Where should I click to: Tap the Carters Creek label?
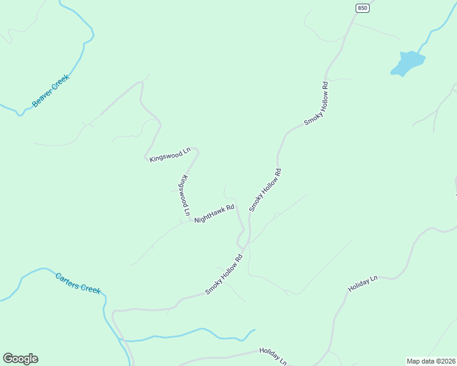coord(78,282)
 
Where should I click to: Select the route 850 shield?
coord(364,7)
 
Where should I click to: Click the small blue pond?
coord(406,63)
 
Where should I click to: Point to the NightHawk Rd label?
coord(214,213)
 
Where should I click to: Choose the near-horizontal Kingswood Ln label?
coord(170,157)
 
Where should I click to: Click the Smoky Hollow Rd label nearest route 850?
coord(318,103)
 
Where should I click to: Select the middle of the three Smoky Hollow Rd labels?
coord(266,190)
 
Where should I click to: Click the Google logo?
coord(20,359)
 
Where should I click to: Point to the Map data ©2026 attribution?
coord(431,361)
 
